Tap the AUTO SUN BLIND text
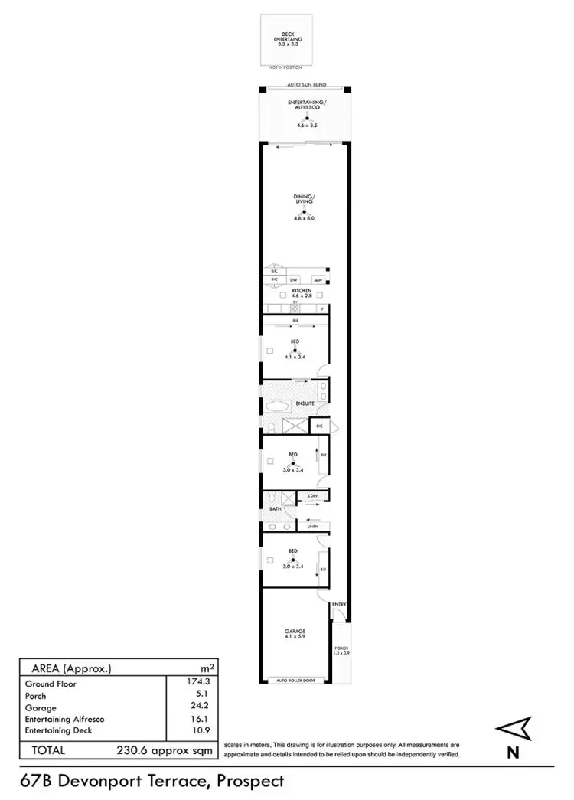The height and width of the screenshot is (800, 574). [304, 85]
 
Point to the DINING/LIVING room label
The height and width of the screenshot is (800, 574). [304, 201]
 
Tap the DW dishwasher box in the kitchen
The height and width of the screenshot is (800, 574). [292, 280]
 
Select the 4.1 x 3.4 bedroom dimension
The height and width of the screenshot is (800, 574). [294, 357]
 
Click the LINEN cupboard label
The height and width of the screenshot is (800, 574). [312, 527]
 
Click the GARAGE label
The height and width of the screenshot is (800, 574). [295, 631]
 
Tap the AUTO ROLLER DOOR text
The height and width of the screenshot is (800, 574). [294, 681]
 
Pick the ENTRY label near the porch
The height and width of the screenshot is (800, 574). [339, 604]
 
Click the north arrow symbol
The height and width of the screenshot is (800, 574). [510, 729]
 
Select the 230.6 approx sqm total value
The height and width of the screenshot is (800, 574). [164, 751]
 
